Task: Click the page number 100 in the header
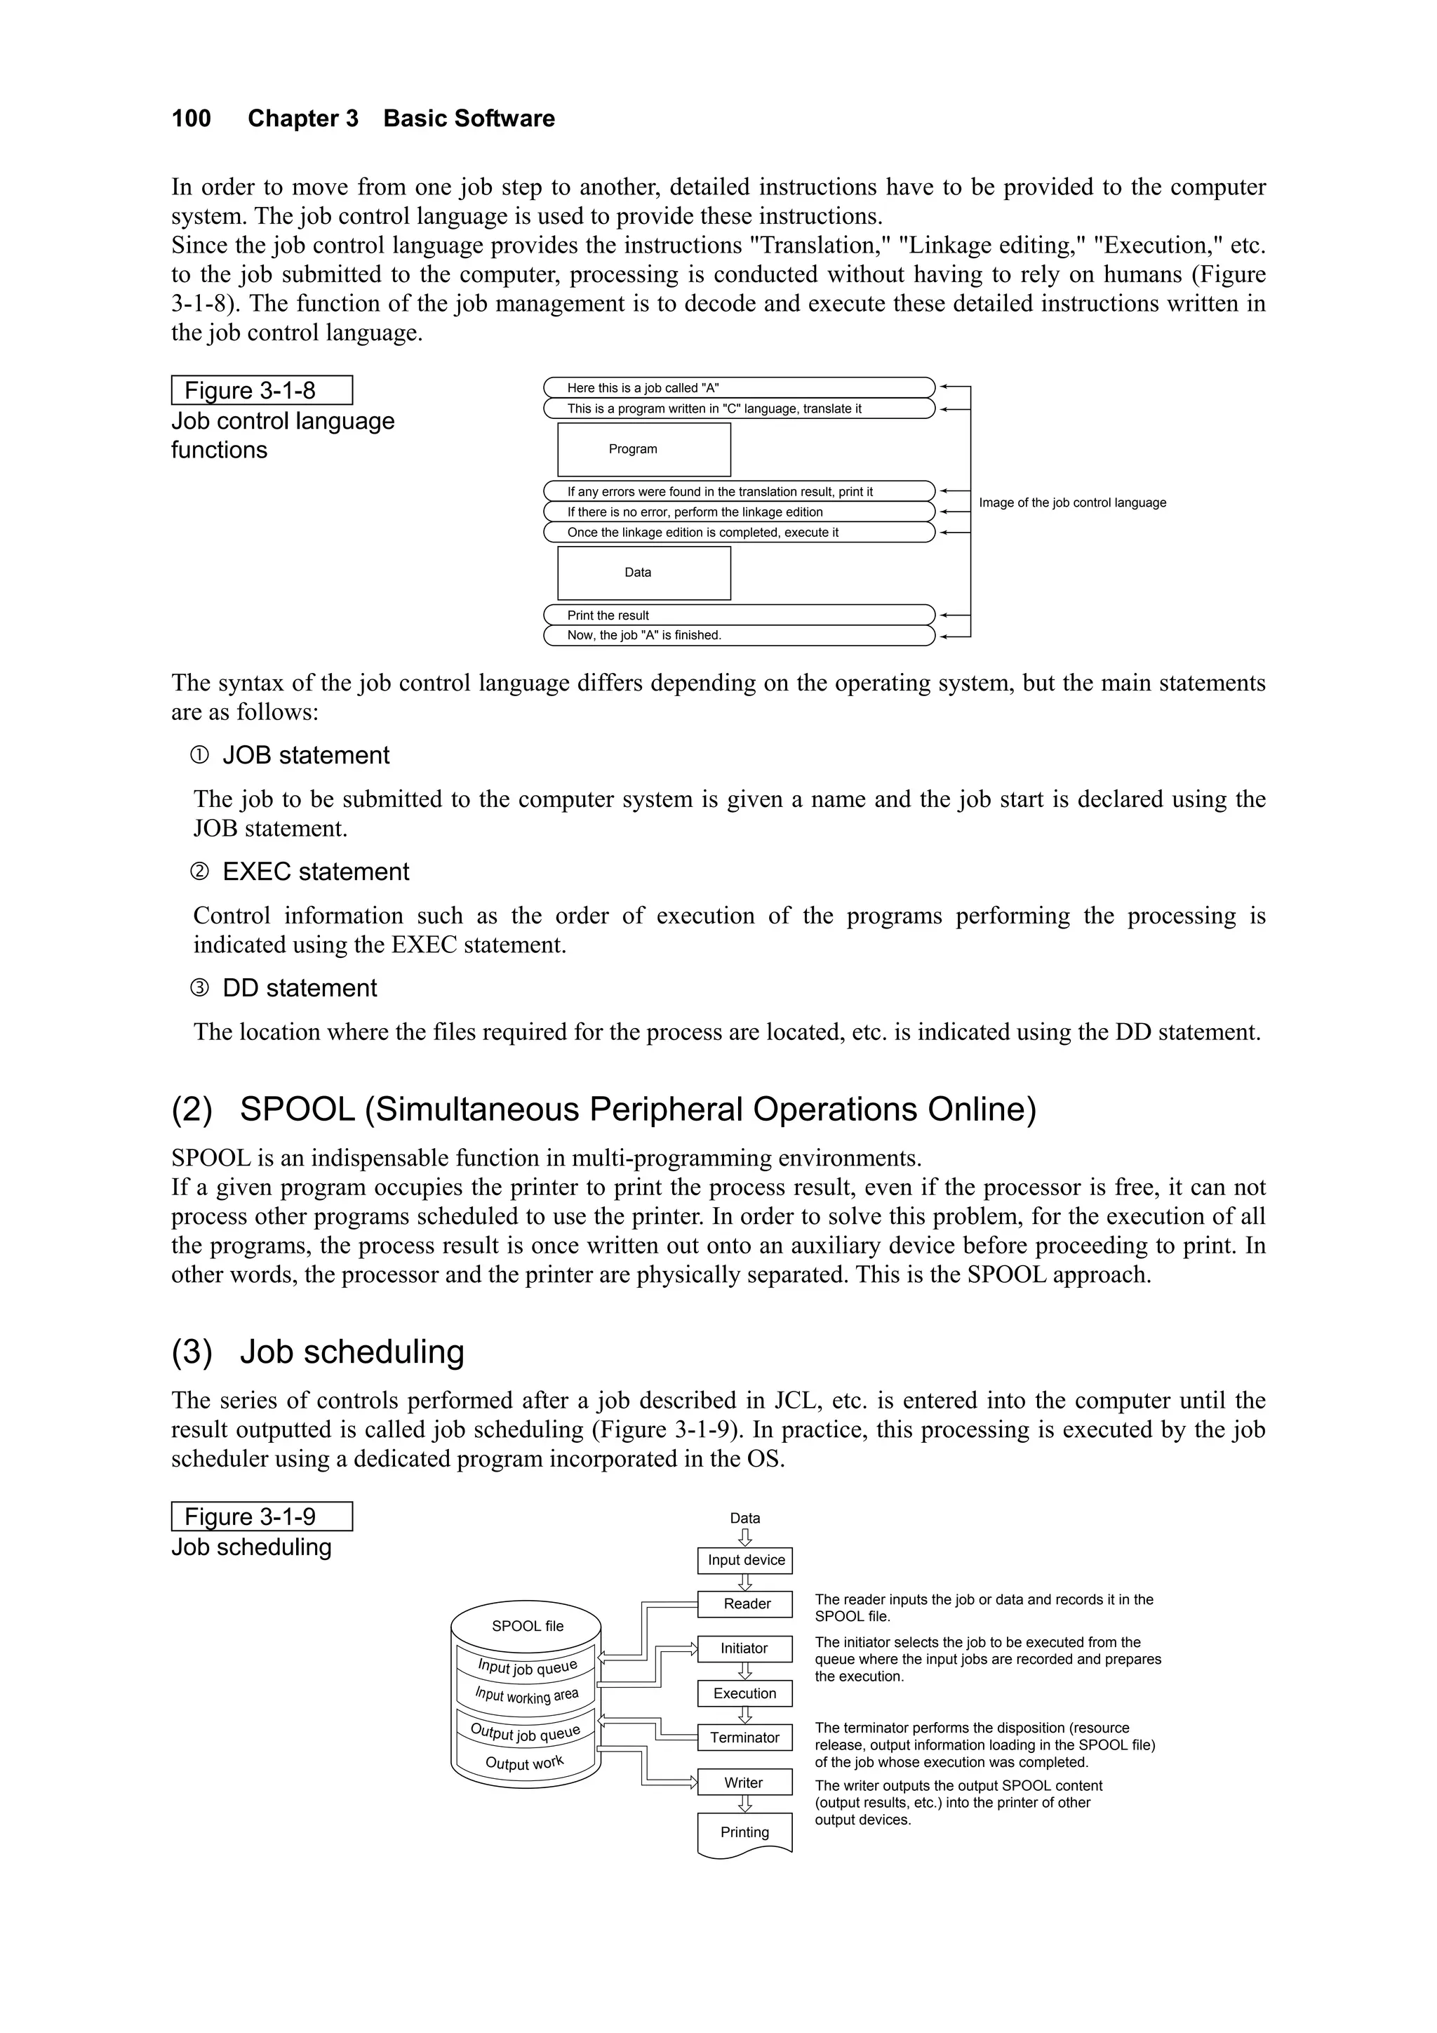click(x=192, y=119)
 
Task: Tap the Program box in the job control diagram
click(x=643, y=450)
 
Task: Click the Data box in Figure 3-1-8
click(x=643, y=573)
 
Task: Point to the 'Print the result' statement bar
click(x=738, y=615)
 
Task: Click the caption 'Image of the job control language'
click(x=1072, y=503)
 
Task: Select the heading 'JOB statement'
click(x=305, y=755)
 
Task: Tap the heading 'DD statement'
click(x=300, y=988)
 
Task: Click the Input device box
click(x=745, y=1560)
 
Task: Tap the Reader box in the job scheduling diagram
click(x=745, y=1604)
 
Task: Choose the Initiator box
click(x=744, y=1648)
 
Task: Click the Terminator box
click(x=744, y=1738)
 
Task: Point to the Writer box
click(x=744, y=1782)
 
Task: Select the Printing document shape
click(x=744, y=1832)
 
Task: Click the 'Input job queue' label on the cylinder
click(x=528, y=1667)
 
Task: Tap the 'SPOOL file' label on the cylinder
click(x=528, y=1626)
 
